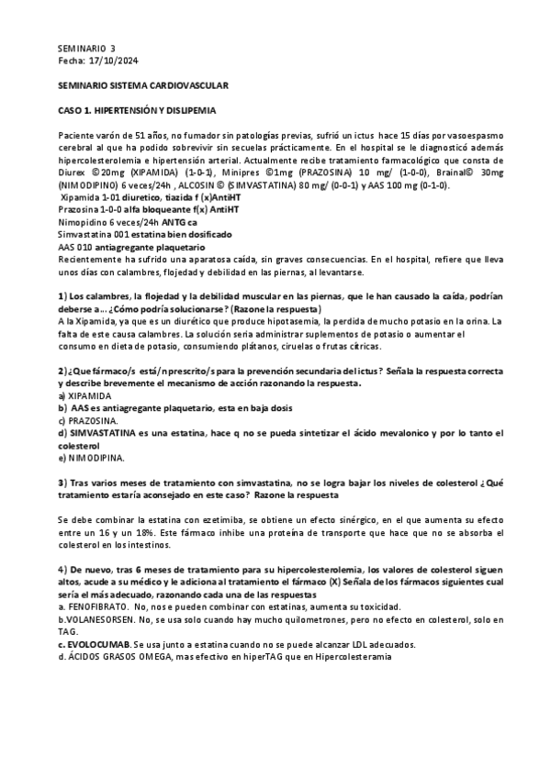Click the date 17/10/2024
coord(114,61)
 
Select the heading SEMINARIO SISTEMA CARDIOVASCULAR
coord(143,85)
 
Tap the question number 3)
coord(62,482)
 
